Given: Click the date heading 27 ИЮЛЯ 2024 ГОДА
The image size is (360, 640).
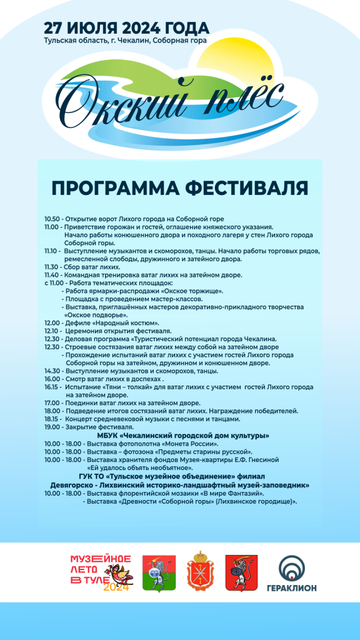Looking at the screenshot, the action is coord(126,28).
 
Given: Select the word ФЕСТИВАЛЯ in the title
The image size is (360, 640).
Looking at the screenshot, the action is coord(247,188).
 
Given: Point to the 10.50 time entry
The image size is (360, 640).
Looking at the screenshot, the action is coord(52,219).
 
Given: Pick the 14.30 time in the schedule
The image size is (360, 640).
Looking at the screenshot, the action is coord(52,371).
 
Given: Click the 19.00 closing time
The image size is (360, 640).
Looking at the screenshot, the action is coord(52,427).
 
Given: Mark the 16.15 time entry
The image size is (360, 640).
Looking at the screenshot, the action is coord(52,387).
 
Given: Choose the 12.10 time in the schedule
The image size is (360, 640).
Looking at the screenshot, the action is coord(52,331).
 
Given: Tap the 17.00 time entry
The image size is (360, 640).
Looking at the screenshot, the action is coord(52,403).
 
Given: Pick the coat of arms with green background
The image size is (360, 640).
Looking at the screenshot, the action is coord(154,572).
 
